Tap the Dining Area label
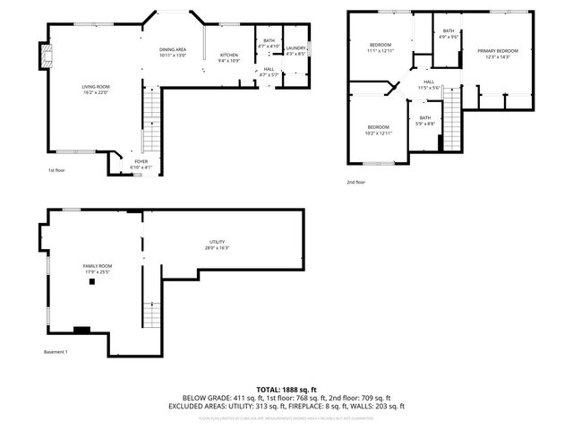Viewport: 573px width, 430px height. click(x=173, y=52)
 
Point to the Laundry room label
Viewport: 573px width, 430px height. click(x=296, y=50)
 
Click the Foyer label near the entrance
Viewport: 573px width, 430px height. click(x=141, y=164)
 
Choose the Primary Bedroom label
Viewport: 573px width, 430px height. click(x=497, y=54)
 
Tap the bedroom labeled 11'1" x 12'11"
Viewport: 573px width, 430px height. click(x=381, y=47)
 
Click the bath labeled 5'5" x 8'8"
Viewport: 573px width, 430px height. click(x=425, y=121)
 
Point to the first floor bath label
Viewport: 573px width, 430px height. click(x=269, y=43)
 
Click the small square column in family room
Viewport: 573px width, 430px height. click(x=91, y=282)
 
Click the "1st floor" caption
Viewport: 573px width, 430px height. click(x=57, y=170)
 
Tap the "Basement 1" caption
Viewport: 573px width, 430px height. click(x=56, y=352)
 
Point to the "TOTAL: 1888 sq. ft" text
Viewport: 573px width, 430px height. click(x=286, y=390)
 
